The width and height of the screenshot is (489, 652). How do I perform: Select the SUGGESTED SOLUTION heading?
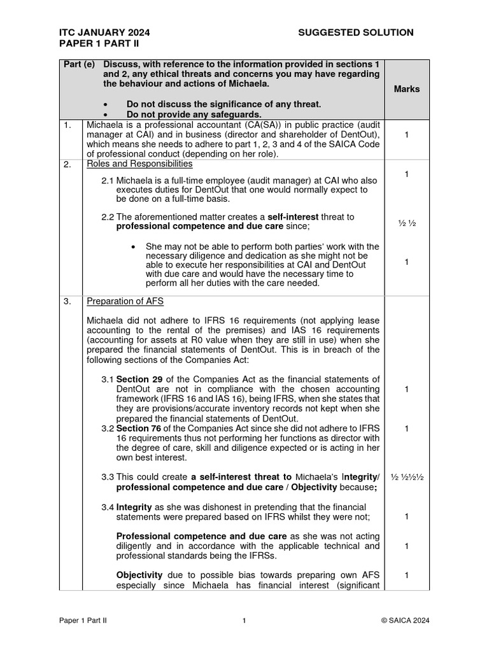(356, 32)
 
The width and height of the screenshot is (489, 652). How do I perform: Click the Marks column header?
(407, 89)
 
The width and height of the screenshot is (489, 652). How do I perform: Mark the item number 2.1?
(108, 181)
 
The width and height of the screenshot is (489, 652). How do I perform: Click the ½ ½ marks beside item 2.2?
(407, 222)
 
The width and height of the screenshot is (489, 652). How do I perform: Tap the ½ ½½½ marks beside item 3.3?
(407, 478)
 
